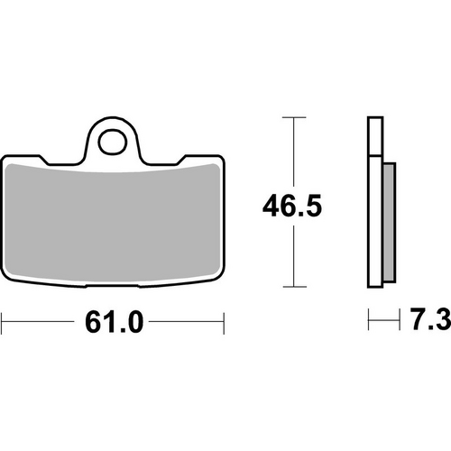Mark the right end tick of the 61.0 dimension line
(x=222, y=320)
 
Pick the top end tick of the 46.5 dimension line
(x=291, y=118)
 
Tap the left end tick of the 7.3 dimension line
(x=367, y=320)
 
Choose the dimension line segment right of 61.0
(x=185, y=320)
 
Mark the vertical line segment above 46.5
(x=291, y=149)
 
